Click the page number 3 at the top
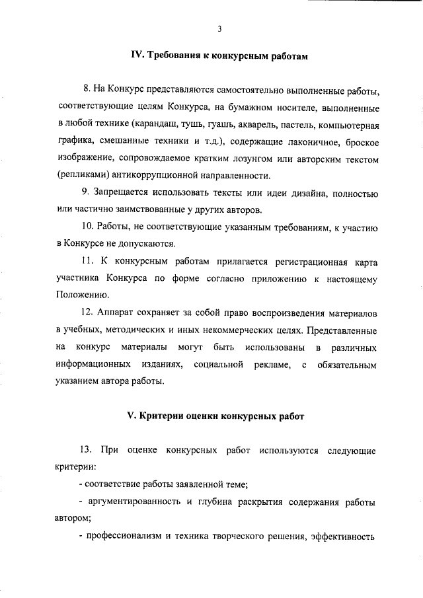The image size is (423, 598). click(x=217, y=28)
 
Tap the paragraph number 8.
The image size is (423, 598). click(x=87, y=89)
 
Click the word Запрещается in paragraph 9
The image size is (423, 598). click(x=129, y=193)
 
